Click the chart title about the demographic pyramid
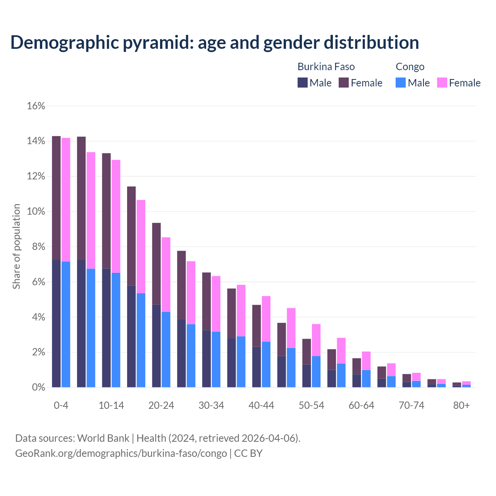pos(215,43)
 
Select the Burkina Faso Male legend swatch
pos(303,83)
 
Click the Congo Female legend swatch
pos(442,83)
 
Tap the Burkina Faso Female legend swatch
pos(344,83)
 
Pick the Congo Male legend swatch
pos(401,83)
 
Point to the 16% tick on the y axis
pos(36,106)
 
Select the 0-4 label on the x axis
pos(61,405)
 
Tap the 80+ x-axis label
pos(462,405)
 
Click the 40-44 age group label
pos(261,405)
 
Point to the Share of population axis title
pos(17,246)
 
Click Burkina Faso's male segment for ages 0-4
pos(56,324)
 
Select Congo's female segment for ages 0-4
pos(66,200)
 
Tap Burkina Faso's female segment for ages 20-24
pos(156,263)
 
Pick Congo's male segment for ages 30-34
pos(216,359)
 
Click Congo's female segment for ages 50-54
pos(316,340)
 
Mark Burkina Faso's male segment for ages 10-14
pos(106,328)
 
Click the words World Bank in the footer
pos(103,438)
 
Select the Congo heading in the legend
pos(410,67)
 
